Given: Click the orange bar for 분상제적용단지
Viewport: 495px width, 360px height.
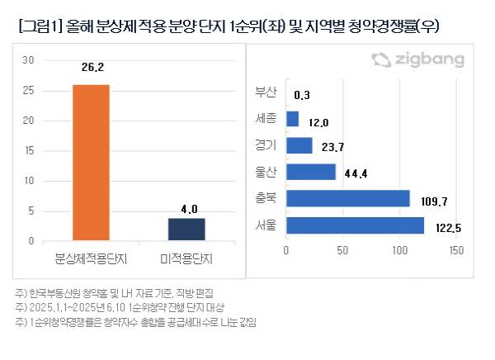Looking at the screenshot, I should [92, 162].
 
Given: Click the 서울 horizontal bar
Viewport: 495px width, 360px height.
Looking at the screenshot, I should [355, 225].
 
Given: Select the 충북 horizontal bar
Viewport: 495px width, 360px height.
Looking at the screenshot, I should [347, 198].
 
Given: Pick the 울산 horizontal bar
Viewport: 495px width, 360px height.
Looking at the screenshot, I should [311, 172].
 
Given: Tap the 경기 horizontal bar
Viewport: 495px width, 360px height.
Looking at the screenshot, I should [299, 145].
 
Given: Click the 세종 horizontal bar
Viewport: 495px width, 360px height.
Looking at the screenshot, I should [292, 119].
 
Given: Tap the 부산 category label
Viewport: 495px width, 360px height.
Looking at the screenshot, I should [266, 92].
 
